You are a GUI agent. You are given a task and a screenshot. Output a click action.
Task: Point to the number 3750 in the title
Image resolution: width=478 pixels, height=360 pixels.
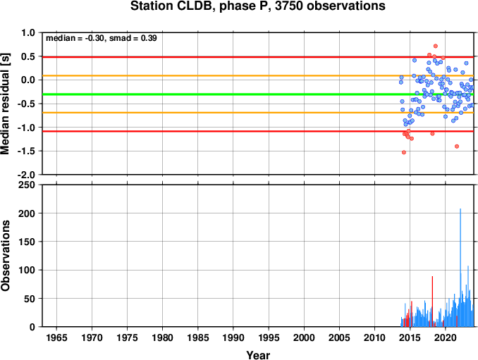[288, 6]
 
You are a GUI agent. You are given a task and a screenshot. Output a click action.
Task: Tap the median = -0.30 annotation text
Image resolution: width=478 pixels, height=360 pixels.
[75, 38]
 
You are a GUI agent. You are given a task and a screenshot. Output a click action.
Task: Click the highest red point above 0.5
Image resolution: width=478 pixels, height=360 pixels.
[436, 46]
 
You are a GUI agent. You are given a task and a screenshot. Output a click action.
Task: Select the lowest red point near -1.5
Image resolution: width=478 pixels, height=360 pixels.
[404, 152]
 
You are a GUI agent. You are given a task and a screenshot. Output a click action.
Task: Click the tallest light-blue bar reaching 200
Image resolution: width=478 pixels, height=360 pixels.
[460, 268]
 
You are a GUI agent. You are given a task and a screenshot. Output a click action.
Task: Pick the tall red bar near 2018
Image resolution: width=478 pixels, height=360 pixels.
[432, 302]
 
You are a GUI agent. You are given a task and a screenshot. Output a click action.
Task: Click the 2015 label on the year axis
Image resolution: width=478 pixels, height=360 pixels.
[410, 337]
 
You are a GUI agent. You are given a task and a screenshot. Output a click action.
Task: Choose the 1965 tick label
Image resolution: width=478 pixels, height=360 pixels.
[56, 337]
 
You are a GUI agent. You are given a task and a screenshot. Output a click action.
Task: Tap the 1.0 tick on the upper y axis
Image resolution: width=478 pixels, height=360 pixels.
[28, 32]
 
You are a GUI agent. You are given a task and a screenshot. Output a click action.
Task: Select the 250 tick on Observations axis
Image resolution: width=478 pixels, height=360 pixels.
[27, 185]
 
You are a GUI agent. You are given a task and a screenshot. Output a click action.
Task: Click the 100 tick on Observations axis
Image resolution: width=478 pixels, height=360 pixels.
[27, 270]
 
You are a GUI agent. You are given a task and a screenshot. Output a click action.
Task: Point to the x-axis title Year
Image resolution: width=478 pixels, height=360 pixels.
[258, 355]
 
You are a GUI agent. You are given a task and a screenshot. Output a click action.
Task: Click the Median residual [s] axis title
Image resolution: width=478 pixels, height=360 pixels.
[5, 104]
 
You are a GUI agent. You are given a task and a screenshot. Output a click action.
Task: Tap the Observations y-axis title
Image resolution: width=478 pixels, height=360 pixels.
[5, 256]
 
